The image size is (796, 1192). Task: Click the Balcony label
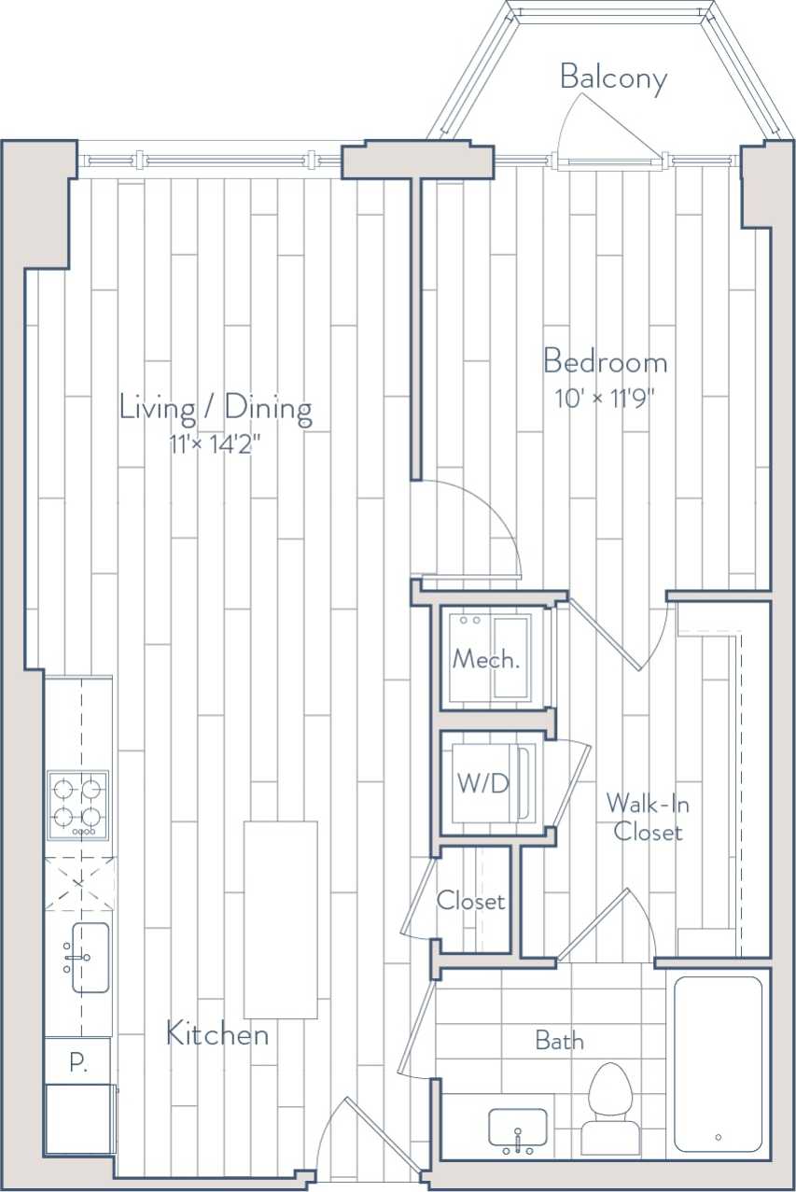pos(613,78)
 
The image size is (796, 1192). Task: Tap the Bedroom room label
pos(605,361)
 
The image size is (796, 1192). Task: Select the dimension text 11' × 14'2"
pos(214,444)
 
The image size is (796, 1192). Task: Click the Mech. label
pos(485,659)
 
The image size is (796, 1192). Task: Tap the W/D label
pos(483,783)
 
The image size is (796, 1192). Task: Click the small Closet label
pos(471,901)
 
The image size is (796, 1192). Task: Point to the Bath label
pos(559,1040)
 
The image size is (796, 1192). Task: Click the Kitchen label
pos(217,1033)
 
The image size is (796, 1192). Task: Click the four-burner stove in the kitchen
pos(78,805)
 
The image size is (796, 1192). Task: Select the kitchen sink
pos(90,957)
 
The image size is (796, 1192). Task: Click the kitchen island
pos(280,919)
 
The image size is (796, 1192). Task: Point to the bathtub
pos(718,1064)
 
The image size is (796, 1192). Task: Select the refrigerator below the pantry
pos(79,1119)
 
